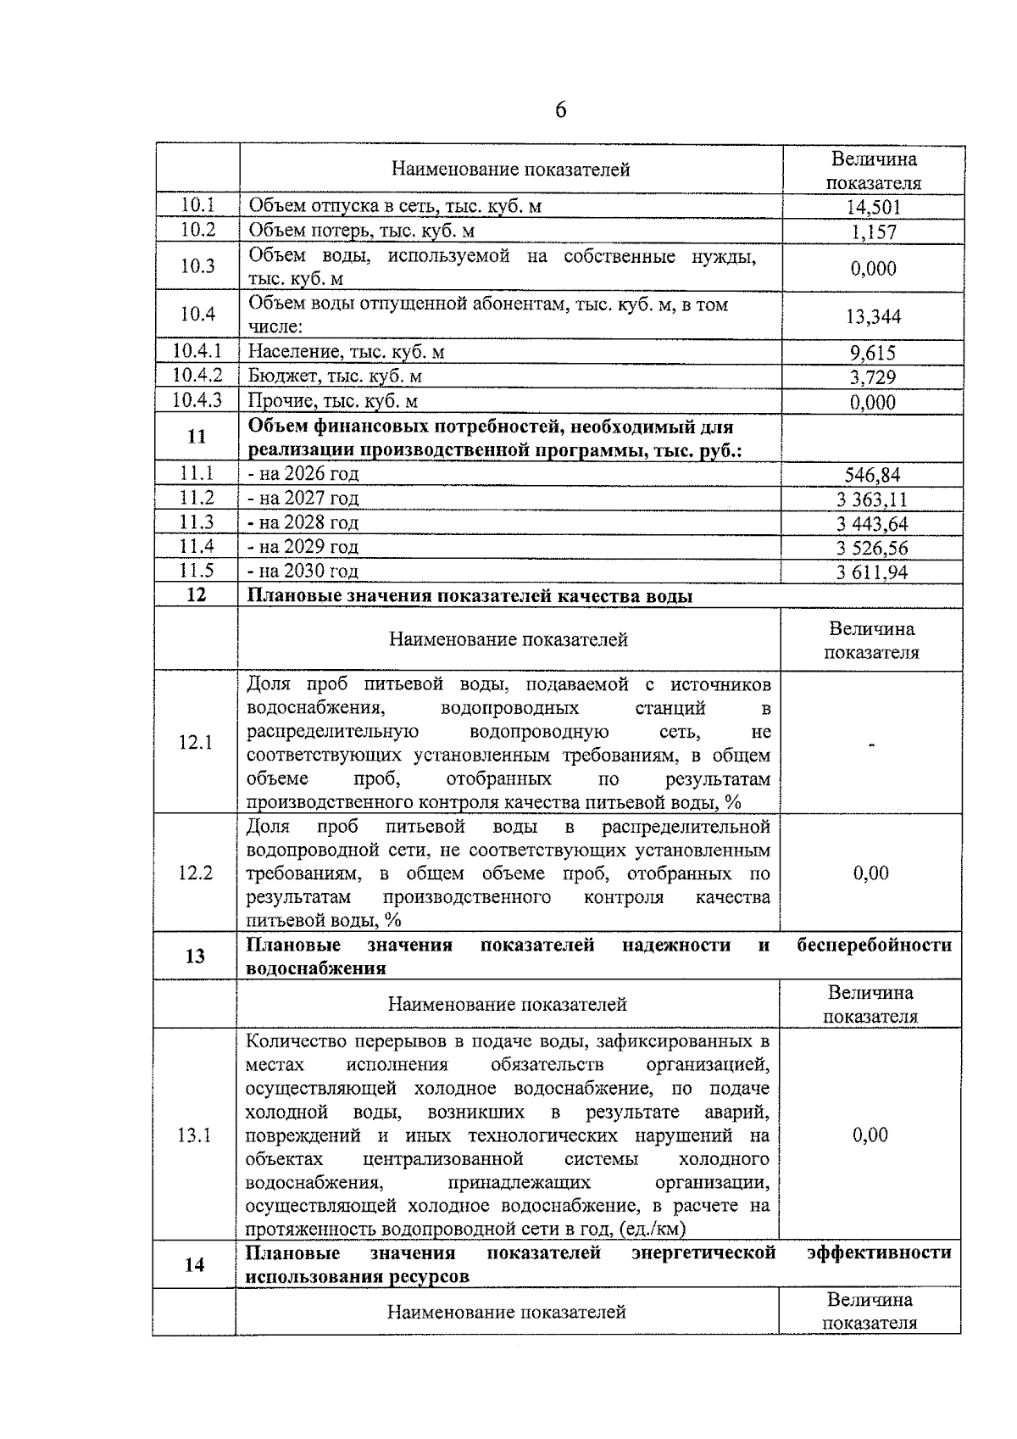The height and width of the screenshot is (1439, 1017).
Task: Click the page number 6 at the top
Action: click(x=560, y=110)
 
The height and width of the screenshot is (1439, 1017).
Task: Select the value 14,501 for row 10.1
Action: click(x=873, y=207)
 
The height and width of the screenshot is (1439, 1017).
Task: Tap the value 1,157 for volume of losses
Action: click(x=873, y=231)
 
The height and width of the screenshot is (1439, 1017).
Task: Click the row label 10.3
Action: click(x=197, y=266)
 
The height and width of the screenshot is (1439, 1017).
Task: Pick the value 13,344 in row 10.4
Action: click(x=873, y=317)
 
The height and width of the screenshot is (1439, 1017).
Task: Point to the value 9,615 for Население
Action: click(x=873, y=353)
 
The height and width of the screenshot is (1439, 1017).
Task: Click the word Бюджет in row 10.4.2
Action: click(x=277, y=376)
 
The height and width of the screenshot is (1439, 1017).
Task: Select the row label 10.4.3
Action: click(x=197, y=400)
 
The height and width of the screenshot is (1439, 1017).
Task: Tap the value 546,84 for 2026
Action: click(x=872, y=475)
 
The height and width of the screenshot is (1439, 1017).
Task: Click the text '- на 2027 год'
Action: click(x=303, y=499)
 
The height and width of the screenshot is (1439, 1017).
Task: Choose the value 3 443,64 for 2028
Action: click(x=872, y=523)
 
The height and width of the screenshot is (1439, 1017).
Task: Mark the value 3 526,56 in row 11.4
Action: click(x=872, y=548)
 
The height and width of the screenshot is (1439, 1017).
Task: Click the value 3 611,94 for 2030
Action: click(x=872, y=572)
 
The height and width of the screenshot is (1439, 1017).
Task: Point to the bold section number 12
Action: click(x=196, y=595)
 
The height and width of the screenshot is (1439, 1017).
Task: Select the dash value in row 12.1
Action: click(x=871, y=745)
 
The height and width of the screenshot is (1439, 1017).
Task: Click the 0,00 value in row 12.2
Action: click(x=871, y=873)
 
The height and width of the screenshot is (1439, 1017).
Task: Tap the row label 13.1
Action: click(x=194, y=1135)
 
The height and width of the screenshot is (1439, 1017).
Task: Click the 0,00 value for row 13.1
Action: click(x=870, y=1135)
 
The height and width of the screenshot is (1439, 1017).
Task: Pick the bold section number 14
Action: click(x=194, y=1265)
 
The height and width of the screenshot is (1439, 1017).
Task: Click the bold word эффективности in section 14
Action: click(x=878, y=1253)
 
